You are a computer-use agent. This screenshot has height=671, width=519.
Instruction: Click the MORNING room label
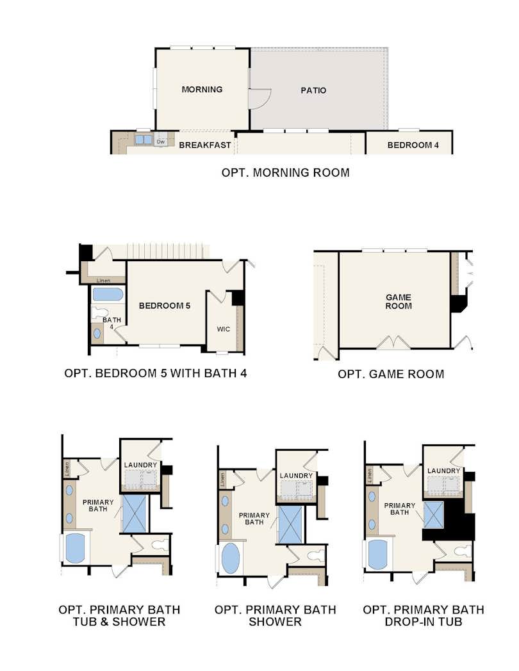coord(202,89)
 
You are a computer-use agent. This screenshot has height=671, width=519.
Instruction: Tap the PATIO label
coord(313,90)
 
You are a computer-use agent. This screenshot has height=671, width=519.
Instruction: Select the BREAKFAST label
coord(204,145)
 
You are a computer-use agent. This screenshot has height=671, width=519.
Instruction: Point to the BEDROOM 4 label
coord(413,145)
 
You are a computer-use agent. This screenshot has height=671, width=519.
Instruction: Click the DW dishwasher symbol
coord(161,140)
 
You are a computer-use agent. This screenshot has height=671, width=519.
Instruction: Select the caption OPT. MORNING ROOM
coord(285,172)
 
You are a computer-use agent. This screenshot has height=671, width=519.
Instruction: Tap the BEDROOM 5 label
coord(165,306)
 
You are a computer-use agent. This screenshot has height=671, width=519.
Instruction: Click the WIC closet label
coord(223,329)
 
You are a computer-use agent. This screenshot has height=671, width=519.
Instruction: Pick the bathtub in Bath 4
coord(108,295)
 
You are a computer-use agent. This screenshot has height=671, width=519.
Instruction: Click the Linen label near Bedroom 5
coord(103,280)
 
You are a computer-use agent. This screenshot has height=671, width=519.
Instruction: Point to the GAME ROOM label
coord(398,302)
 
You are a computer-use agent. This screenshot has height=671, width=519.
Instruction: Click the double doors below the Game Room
coord(394,343)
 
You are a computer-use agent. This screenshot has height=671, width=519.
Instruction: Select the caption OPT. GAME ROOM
coord(390,374)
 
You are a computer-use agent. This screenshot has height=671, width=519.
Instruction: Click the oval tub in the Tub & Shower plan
coord(75,548)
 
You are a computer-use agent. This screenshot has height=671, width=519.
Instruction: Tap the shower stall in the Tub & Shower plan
coord(134,513)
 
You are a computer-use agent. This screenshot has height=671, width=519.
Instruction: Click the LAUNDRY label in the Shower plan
coord(296,476)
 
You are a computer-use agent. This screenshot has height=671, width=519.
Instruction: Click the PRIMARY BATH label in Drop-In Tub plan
coord(399,509)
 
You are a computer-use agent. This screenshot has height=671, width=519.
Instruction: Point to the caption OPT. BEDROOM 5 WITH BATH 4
coord(156,373)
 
